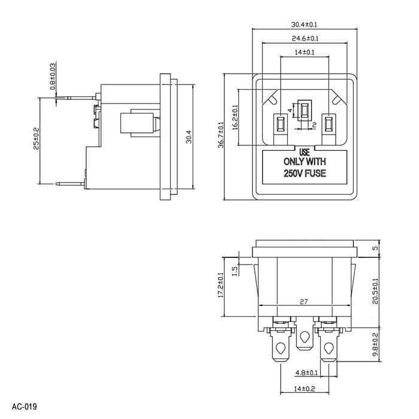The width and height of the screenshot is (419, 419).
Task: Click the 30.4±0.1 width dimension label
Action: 304,25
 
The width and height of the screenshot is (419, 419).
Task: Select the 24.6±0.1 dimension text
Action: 305,38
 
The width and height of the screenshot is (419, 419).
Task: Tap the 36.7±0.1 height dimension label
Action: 221,135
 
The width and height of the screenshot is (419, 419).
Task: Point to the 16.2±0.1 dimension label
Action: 235,117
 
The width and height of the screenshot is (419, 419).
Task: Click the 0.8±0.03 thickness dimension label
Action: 53,77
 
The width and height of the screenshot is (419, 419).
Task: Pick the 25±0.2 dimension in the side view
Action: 36,138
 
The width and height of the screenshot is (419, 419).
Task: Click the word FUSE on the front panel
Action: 315,174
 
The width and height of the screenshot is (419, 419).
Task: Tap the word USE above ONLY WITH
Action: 304,152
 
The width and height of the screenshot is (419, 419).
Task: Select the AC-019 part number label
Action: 25,406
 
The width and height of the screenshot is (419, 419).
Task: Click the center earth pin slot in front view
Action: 304,110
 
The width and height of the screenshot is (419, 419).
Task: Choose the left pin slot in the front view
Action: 280,124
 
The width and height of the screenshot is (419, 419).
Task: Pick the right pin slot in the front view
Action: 329,124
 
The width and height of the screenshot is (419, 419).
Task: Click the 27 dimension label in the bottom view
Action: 304,302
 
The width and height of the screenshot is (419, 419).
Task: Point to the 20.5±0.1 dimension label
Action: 375,292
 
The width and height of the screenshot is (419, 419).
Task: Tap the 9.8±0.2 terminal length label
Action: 375,344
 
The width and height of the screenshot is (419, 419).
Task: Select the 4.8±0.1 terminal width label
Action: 306,372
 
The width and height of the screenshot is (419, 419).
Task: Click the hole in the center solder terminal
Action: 304,337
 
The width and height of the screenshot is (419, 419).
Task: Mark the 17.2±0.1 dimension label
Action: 220,285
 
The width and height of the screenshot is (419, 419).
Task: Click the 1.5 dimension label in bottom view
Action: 235,271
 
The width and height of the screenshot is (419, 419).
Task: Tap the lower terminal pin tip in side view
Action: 56,184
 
